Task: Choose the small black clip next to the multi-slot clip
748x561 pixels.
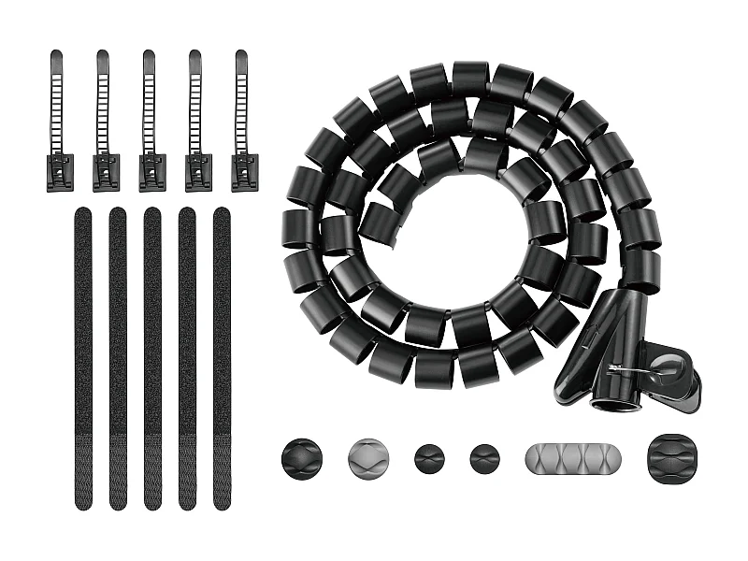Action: click(x=484, y=458)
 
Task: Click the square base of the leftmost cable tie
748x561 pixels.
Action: click(x=59, y=173)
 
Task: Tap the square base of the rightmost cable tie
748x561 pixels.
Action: click(x=244, y=173)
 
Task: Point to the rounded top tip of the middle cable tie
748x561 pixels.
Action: click(x=149, y=56)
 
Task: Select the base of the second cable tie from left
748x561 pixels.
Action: click(x=106, y=173)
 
